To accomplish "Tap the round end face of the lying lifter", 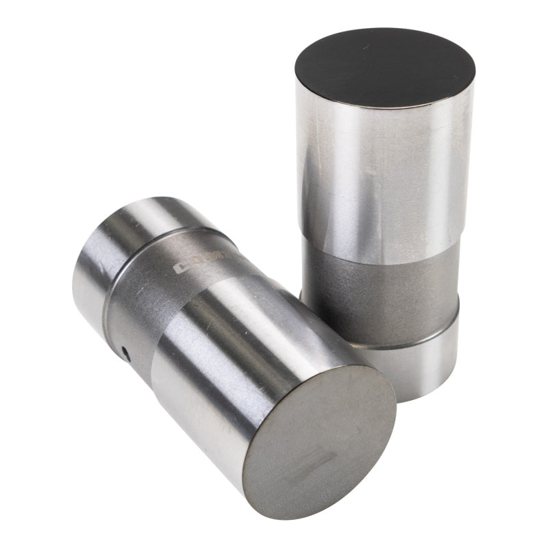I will coord(320,432).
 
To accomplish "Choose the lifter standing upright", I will coord(384,206).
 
